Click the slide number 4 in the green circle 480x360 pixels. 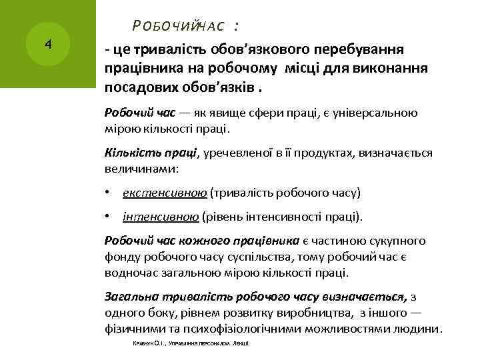[x=47, y=45]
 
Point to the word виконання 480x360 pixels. [x=393, y=69]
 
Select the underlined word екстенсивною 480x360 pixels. [x=165, y=193]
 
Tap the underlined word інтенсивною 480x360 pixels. [x=161, y=217]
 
